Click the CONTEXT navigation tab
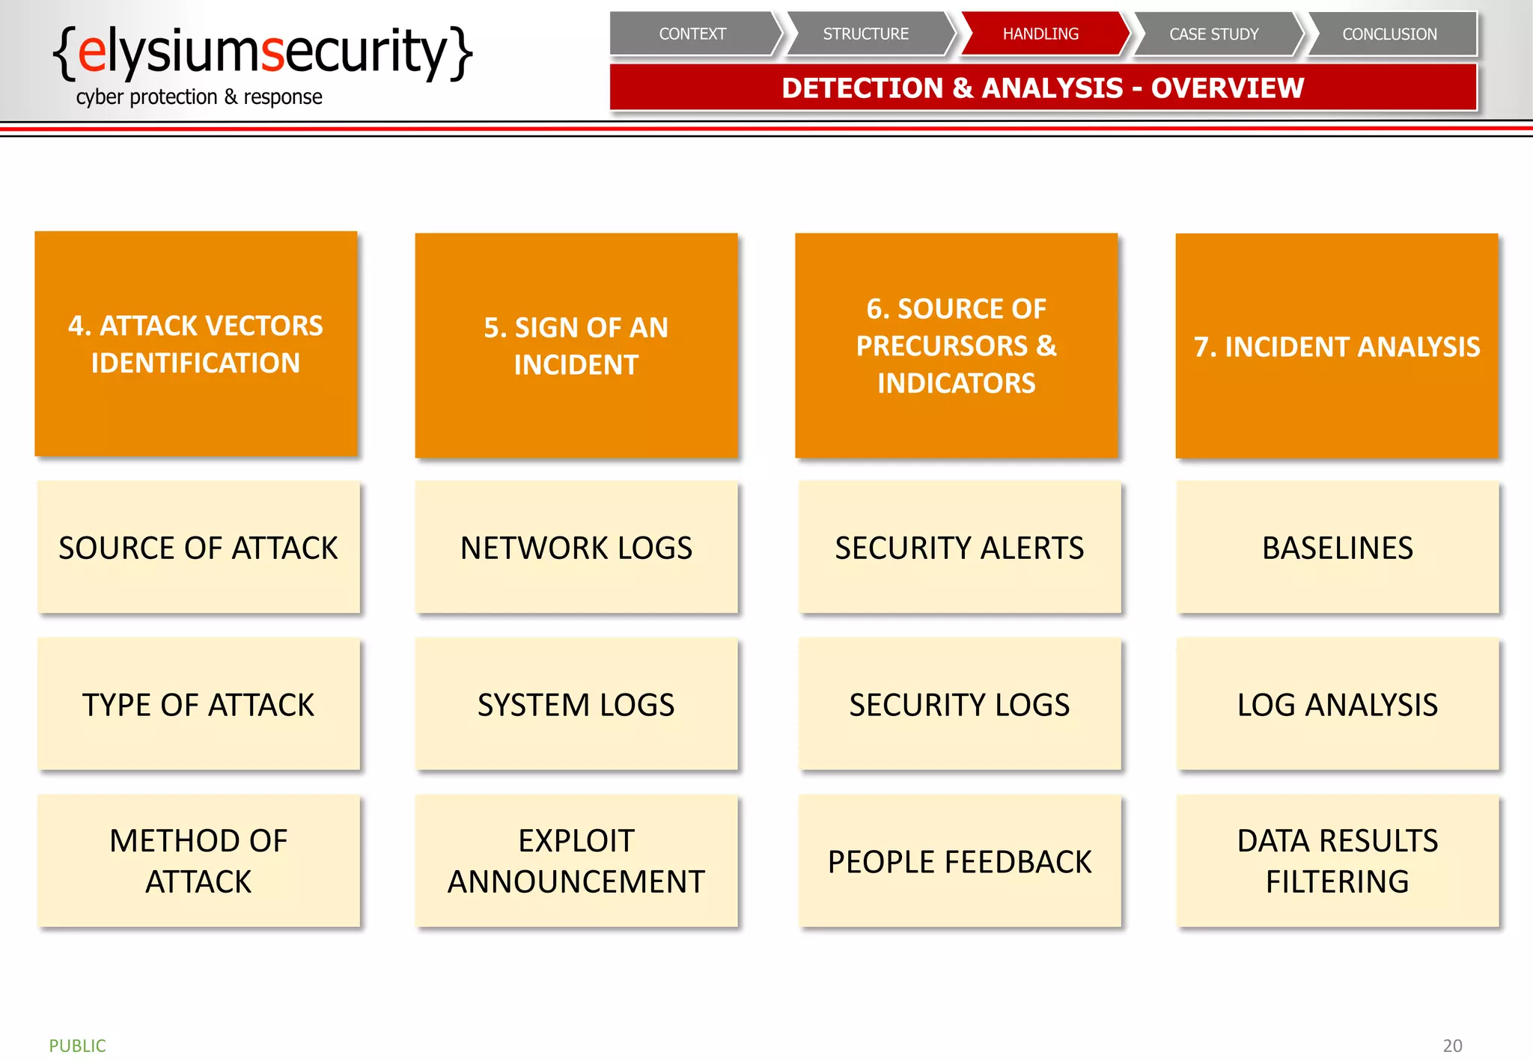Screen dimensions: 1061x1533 [692, 34]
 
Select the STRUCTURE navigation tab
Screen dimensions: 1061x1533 [866, 34]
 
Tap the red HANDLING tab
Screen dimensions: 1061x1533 [1040, 34]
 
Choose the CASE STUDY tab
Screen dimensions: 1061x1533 [1214, 34]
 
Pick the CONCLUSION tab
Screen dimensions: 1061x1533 [1389, 34]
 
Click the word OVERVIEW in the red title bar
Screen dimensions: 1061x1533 [1228, 88]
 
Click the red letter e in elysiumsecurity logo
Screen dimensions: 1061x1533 [91, 52]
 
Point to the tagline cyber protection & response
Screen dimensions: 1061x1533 [199, 97]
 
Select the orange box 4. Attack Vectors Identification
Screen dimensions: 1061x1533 [196, 344]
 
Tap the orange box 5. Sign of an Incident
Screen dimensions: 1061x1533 [576, 346]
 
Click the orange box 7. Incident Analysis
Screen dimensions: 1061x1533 [1337, 346]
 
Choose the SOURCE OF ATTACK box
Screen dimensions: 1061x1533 [198, 548]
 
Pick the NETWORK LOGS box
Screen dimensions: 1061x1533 [576, 548]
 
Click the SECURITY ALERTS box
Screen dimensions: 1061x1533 [960, 548]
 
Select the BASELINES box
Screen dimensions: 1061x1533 [1338, 548]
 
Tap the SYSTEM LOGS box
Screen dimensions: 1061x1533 [576, 705]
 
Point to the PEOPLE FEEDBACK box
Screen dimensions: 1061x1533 [960, 862]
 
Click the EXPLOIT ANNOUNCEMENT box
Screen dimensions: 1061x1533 [576, 862]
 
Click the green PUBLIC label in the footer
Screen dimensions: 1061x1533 [78, 1045]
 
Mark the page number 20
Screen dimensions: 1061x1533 [1452, 1045]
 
